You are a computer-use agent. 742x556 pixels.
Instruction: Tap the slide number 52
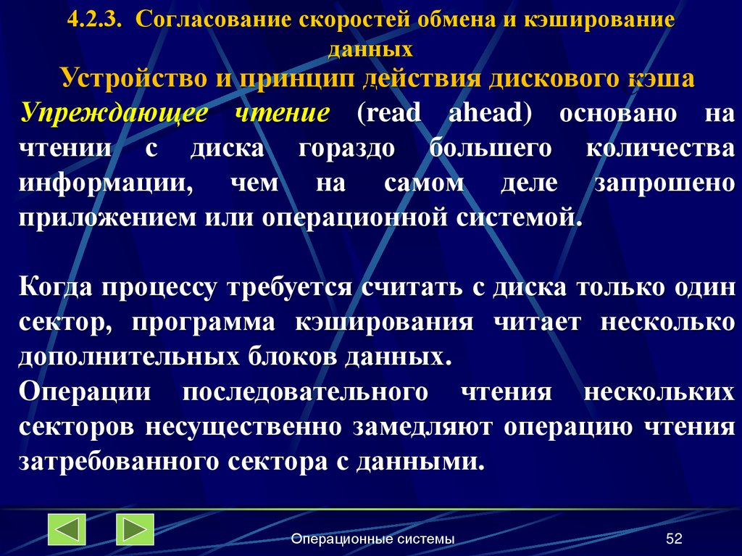(x=675, y=539)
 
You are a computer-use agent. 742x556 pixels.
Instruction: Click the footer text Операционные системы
(x=373, y=539)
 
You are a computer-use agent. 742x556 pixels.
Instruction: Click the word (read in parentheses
(x=389, y=113)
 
